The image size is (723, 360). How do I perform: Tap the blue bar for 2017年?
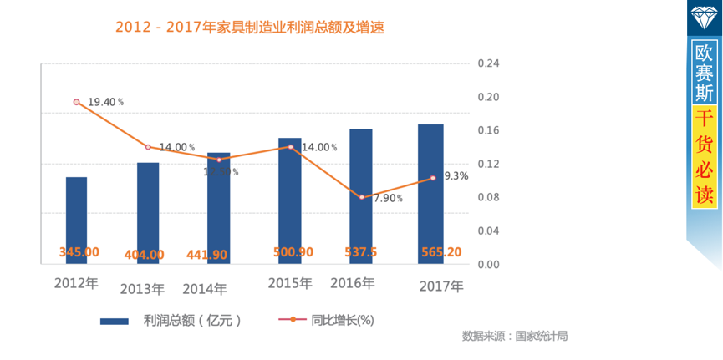[431, 194]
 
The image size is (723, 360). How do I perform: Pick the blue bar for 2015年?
[289, 200]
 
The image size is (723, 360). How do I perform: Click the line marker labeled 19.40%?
[77, 102]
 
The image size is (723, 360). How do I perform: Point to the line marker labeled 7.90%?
[362, 197]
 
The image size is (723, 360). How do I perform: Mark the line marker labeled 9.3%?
[433, 178]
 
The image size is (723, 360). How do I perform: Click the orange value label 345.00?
[79, 252]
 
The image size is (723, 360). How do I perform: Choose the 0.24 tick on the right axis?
[487, 63]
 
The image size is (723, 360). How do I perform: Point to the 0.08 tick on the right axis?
[487, 197]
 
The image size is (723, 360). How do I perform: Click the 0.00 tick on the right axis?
[487, 264]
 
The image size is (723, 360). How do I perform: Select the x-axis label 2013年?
[142, 289]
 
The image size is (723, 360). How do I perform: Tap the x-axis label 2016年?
[353, 284]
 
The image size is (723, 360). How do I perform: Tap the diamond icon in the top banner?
[704, 16]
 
